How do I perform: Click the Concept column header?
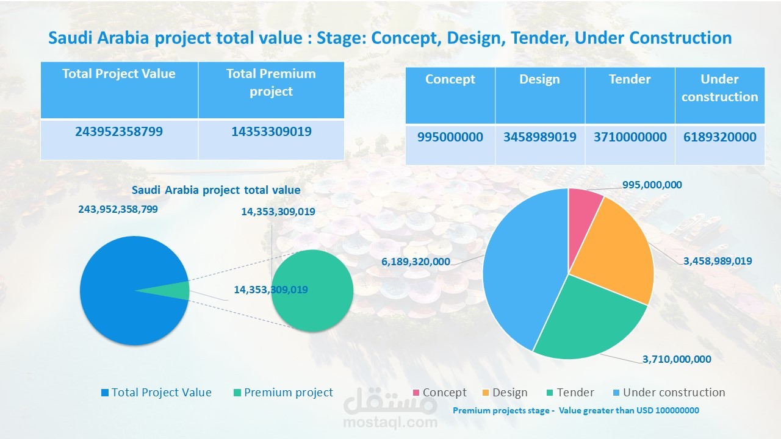(450, 79)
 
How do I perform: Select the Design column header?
(540, 79)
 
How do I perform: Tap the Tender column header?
(630, 79)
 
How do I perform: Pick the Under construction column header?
(720, 88)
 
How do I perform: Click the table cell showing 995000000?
(450, 137)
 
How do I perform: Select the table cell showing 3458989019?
(540, 137)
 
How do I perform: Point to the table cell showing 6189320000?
(720, 137)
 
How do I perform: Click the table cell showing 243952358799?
(119, 131)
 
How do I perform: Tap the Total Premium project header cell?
(271, 82)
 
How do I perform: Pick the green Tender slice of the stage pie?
(586, 317)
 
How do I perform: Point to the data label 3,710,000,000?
(677, 359)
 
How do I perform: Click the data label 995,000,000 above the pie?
(652, 185)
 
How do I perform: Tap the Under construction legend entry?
(674, 393)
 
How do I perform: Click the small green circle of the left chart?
(312, 291)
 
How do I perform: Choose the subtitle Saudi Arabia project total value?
(216, 190)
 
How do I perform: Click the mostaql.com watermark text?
(390, 422)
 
